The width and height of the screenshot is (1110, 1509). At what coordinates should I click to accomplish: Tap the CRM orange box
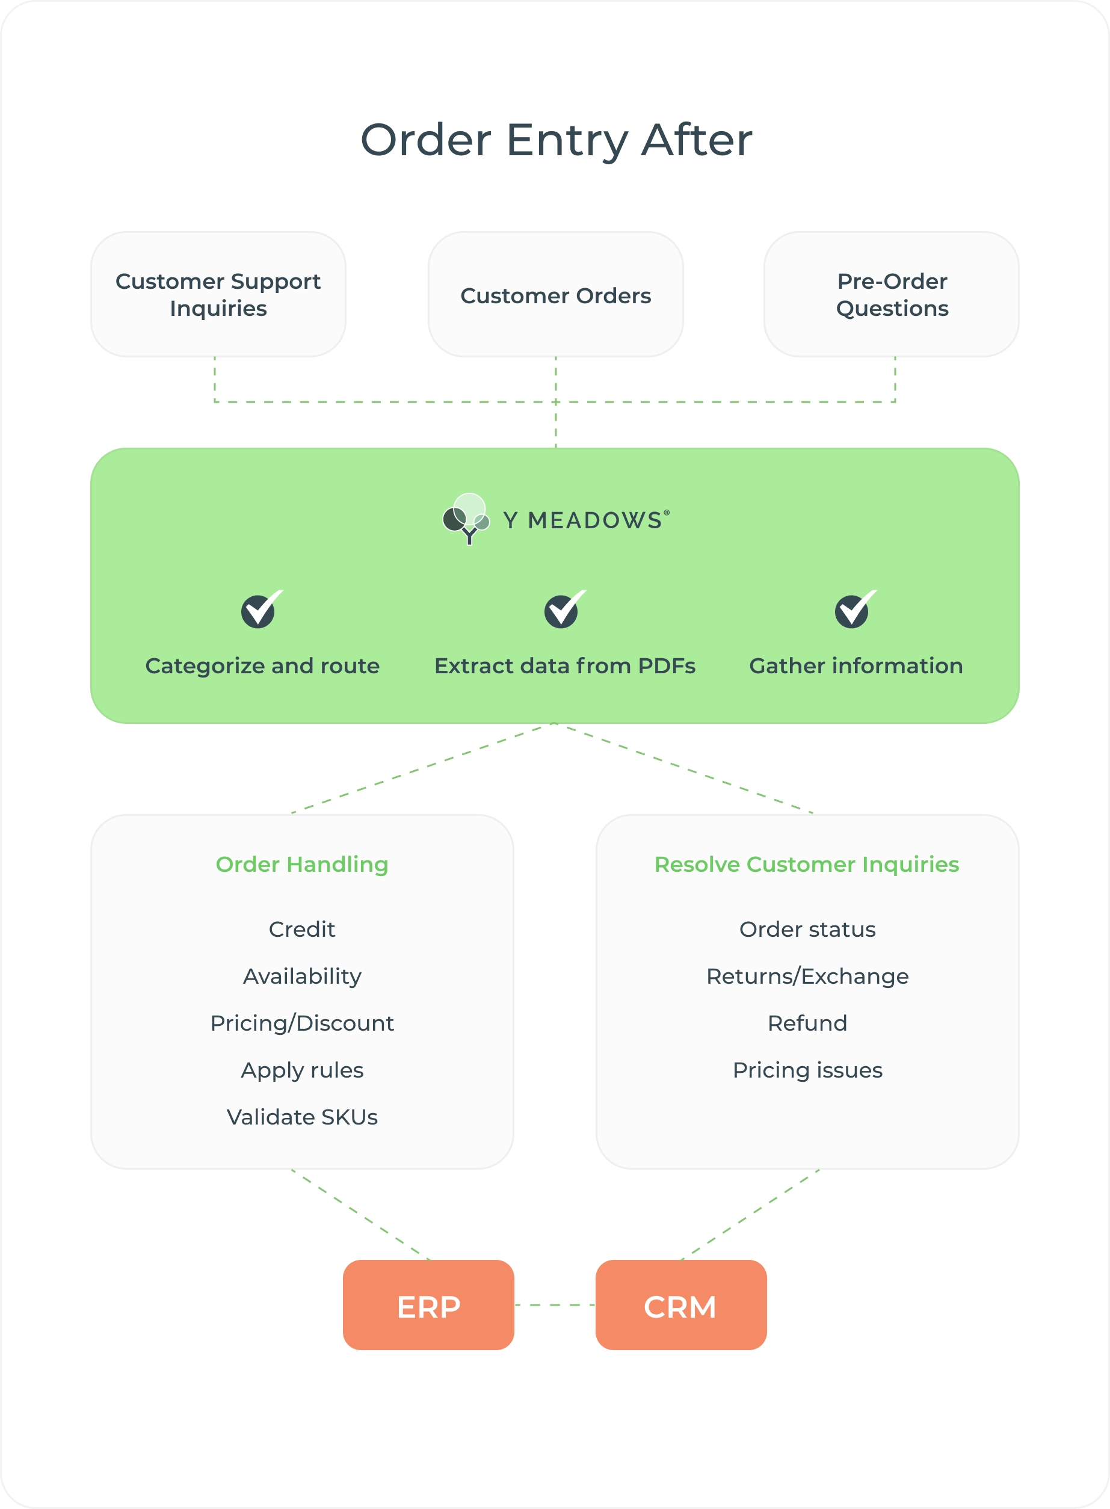tap(680, 1305)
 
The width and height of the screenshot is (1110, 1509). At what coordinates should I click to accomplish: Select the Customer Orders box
tap(556, 294)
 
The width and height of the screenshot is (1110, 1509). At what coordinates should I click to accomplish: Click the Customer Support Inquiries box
tap(218, 294)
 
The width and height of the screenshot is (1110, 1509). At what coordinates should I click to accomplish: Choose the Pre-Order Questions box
tap(892, 294)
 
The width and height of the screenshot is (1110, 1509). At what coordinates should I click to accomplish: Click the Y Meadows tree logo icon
tap(466, 518)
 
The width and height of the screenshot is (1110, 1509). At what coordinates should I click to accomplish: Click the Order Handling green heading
tap(301, 864)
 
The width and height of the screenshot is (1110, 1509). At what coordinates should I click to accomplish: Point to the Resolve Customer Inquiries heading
tap(806, 864)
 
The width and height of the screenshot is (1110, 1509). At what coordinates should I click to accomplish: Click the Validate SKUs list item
tap(301, 1117)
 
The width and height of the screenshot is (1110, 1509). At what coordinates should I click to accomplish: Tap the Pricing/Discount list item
tap(301, 1023)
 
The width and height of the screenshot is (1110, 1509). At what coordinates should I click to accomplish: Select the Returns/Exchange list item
tap(807, 975)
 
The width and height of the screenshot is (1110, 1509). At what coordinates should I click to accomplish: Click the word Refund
tap(807, 1023)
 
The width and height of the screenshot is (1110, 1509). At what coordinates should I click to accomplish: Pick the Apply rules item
tap(301, 1070)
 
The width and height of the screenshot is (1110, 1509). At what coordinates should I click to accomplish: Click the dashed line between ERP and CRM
tap(555, 1305)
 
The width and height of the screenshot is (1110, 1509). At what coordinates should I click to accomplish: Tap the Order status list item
tap(807, 928)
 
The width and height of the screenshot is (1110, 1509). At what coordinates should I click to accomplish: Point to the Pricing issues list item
tap(807, 1070)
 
